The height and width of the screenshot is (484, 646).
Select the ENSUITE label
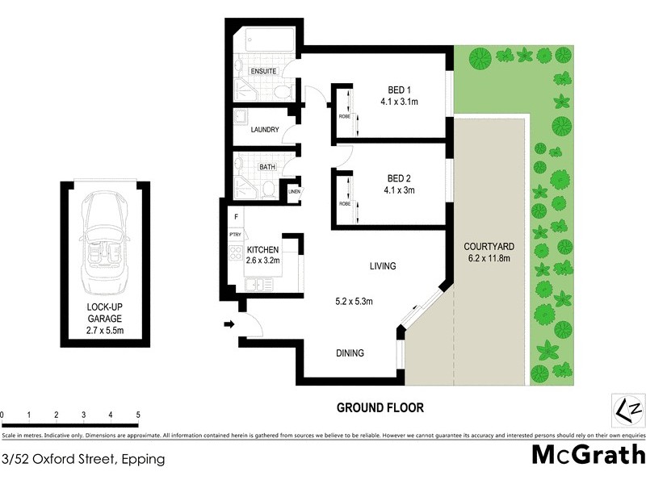coord(263,72)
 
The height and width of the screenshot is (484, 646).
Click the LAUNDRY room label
coord(265,130)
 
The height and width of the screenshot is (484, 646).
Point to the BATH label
coord(267,168)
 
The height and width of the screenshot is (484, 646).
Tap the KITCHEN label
coord(263,248)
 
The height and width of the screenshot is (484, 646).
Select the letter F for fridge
coord(236,218)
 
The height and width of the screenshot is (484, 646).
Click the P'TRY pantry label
coord(236,235)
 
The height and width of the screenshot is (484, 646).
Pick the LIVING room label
coord(383,265)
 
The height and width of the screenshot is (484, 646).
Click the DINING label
coord(350,353)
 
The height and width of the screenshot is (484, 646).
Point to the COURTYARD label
coord(489,246)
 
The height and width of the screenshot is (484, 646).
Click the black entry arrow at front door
coord(229,325)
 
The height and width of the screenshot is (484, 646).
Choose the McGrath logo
coord(588,456)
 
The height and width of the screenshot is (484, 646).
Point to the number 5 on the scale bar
coord(138,415)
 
